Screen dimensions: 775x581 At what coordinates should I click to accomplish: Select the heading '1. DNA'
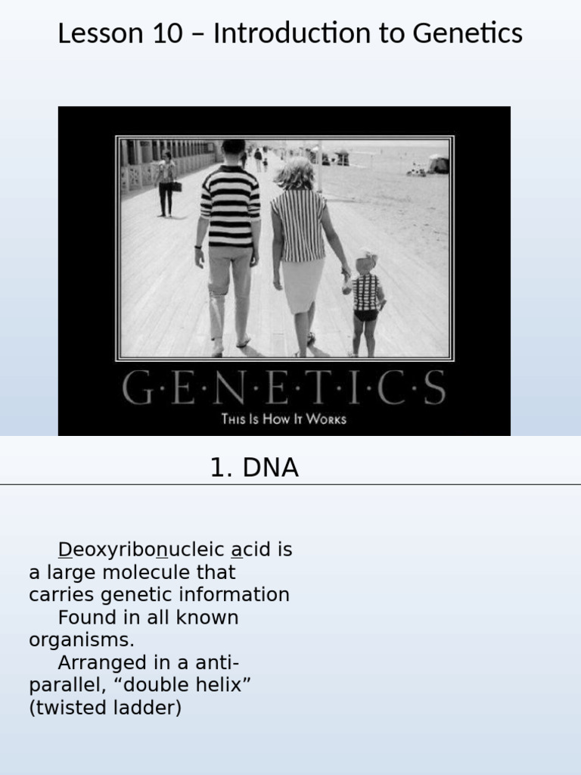click(254, 468)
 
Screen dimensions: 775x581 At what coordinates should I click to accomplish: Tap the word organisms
click(81, 640)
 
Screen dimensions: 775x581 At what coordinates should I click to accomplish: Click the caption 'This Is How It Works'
click(284, 419)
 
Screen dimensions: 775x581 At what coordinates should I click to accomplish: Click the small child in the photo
click(366, 303)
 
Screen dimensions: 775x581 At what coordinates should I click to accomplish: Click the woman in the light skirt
click(301, 250)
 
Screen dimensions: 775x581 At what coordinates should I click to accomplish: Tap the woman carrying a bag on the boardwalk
click(166, 183)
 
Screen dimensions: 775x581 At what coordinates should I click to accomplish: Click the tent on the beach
click(439, 164)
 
